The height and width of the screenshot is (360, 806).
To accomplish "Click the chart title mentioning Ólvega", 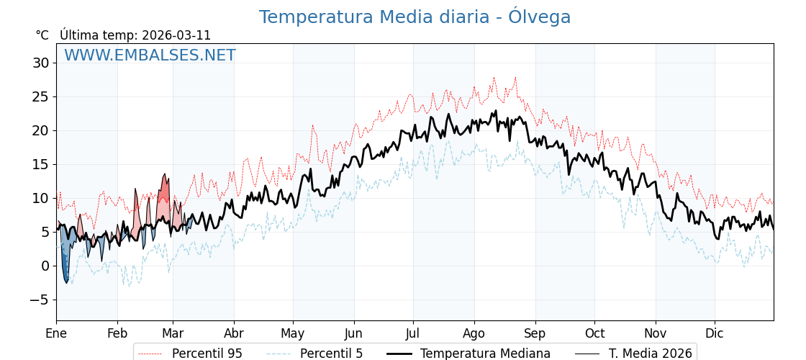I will point(415,17).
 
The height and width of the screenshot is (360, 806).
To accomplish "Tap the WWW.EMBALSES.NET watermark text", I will point(150,55).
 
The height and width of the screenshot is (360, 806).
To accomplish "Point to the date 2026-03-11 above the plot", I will point(176,35).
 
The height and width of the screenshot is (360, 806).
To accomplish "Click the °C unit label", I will point(42,35).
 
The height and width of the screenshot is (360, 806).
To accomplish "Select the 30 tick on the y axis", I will point(41,63).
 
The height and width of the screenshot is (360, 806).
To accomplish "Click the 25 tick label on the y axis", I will point(41,97).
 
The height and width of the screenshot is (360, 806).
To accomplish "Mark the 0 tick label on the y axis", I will point(45,266).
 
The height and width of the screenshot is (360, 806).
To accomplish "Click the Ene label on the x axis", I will point(56,333).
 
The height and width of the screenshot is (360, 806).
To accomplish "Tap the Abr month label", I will point(234,333).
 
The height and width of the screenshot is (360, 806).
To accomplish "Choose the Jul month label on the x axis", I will point(413,333).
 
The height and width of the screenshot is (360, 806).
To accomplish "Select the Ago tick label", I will point(474,333).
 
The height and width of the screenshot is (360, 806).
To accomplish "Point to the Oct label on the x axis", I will point(594,333).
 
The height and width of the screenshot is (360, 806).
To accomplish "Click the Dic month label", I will point(715,333).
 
